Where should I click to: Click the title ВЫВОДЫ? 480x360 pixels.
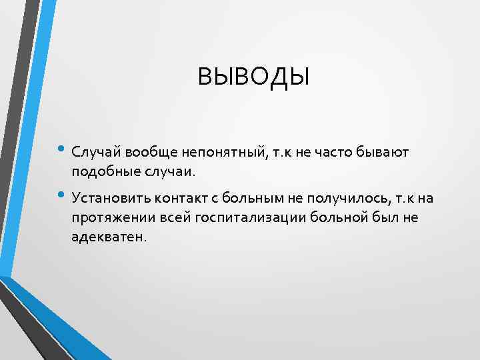[x=253, y=77]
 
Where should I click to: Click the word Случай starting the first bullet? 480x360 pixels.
[x=94, y=153]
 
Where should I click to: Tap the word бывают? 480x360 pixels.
[x=382, y=153]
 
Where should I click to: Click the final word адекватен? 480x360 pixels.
[x=107, y=238]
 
